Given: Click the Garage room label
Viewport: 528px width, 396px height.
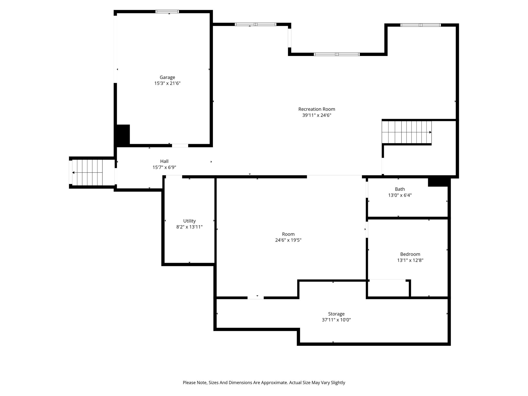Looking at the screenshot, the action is [x=167, y=77].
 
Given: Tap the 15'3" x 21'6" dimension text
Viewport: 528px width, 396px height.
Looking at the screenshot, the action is [x=167, y=83].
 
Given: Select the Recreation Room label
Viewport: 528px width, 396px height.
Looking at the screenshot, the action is [x=317, y=109].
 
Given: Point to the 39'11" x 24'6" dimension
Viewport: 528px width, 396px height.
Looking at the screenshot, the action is [x=317, y=115].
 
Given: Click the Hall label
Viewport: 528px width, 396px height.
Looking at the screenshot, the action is [x=164, y=161].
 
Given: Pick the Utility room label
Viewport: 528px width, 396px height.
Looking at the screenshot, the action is [x=189, y=221].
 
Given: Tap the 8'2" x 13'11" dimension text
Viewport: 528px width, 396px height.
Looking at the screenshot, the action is [x=189, y=227].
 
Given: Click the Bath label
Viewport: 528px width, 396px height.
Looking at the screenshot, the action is [x=400, y=189].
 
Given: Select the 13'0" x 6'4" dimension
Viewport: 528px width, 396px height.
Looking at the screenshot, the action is [x=400, y=195].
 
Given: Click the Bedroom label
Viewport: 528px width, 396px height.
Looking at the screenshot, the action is [x=410, y=254].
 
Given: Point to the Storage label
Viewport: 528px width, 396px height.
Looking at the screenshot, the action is [x=336, y=314].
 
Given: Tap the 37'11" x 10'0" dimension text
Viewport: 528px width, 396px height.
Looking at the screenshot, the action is [x=336, y=320].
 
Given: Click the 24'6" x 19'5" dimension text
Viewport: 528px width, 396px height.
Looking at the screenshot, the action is [x=288, y=240].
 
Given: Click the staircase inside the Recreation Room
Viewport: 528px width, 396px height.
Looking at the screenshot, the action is [x=407, y=132].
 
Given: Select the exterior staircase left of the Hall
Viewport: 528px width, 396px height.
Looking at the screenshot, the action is [x=87, y=172].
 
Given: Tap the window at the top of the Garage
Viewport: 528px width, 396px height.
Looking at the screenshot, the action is [x=167, y=11].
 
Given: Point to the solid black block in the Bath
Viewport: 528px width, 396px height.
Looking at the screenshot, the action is [x=438, y=182].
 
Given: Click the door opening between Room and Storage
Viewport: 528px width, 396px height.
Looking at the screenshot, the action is [x=255, y=298].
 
